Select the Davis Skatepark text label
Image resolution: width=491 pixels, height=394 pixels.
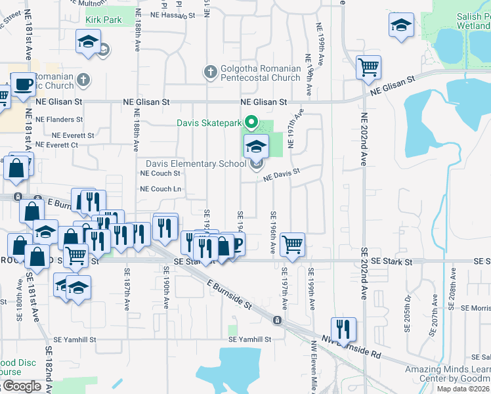209,122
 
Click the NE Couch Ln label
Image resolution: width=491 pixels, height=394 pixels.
161,189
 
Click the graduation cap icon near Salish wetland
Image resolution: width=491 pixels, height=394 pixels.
400,26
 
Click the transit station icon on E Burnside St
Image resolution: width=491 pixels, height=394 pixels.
278,320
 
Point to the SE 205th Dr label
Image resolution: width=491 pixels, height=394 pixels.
408,313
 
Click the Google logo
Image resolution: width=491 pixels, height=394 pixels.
21,386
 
